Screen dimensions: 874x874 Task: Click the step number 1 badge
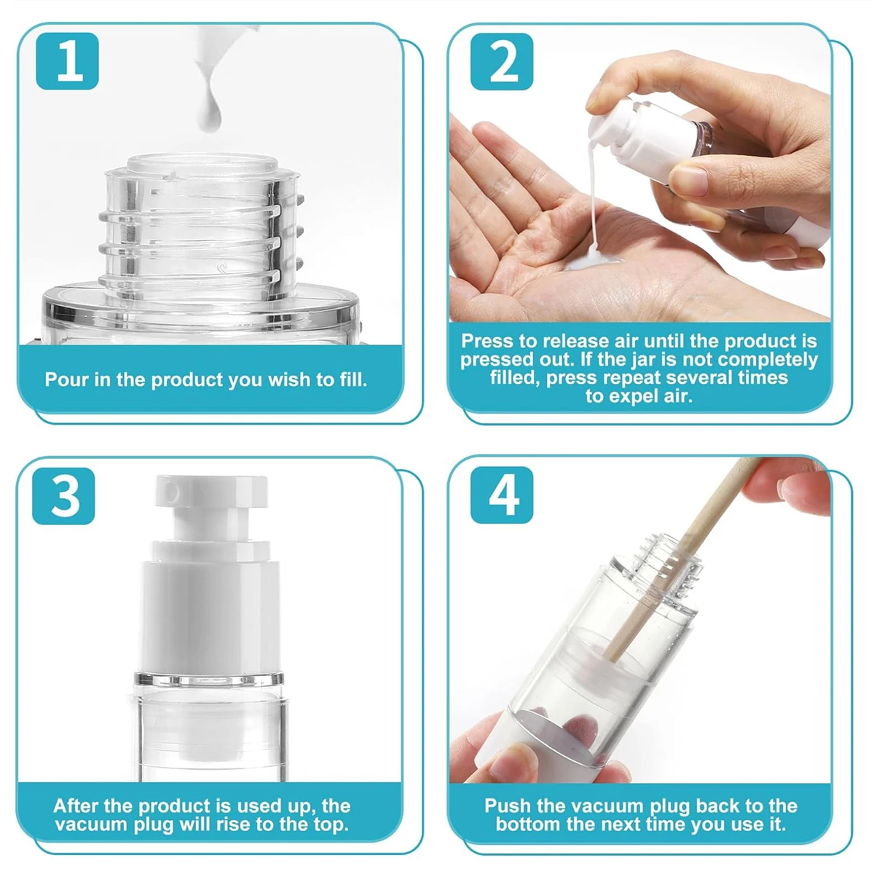(67, 60)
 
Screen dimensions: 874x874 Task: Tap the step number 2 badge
(502, 61)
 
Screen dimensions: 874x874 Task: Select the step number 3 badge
(63, 496)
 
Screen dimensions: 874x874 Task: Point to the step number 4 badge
(502, 495)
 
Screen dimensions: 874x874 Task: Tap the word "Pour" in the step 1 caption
(67, 379)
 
